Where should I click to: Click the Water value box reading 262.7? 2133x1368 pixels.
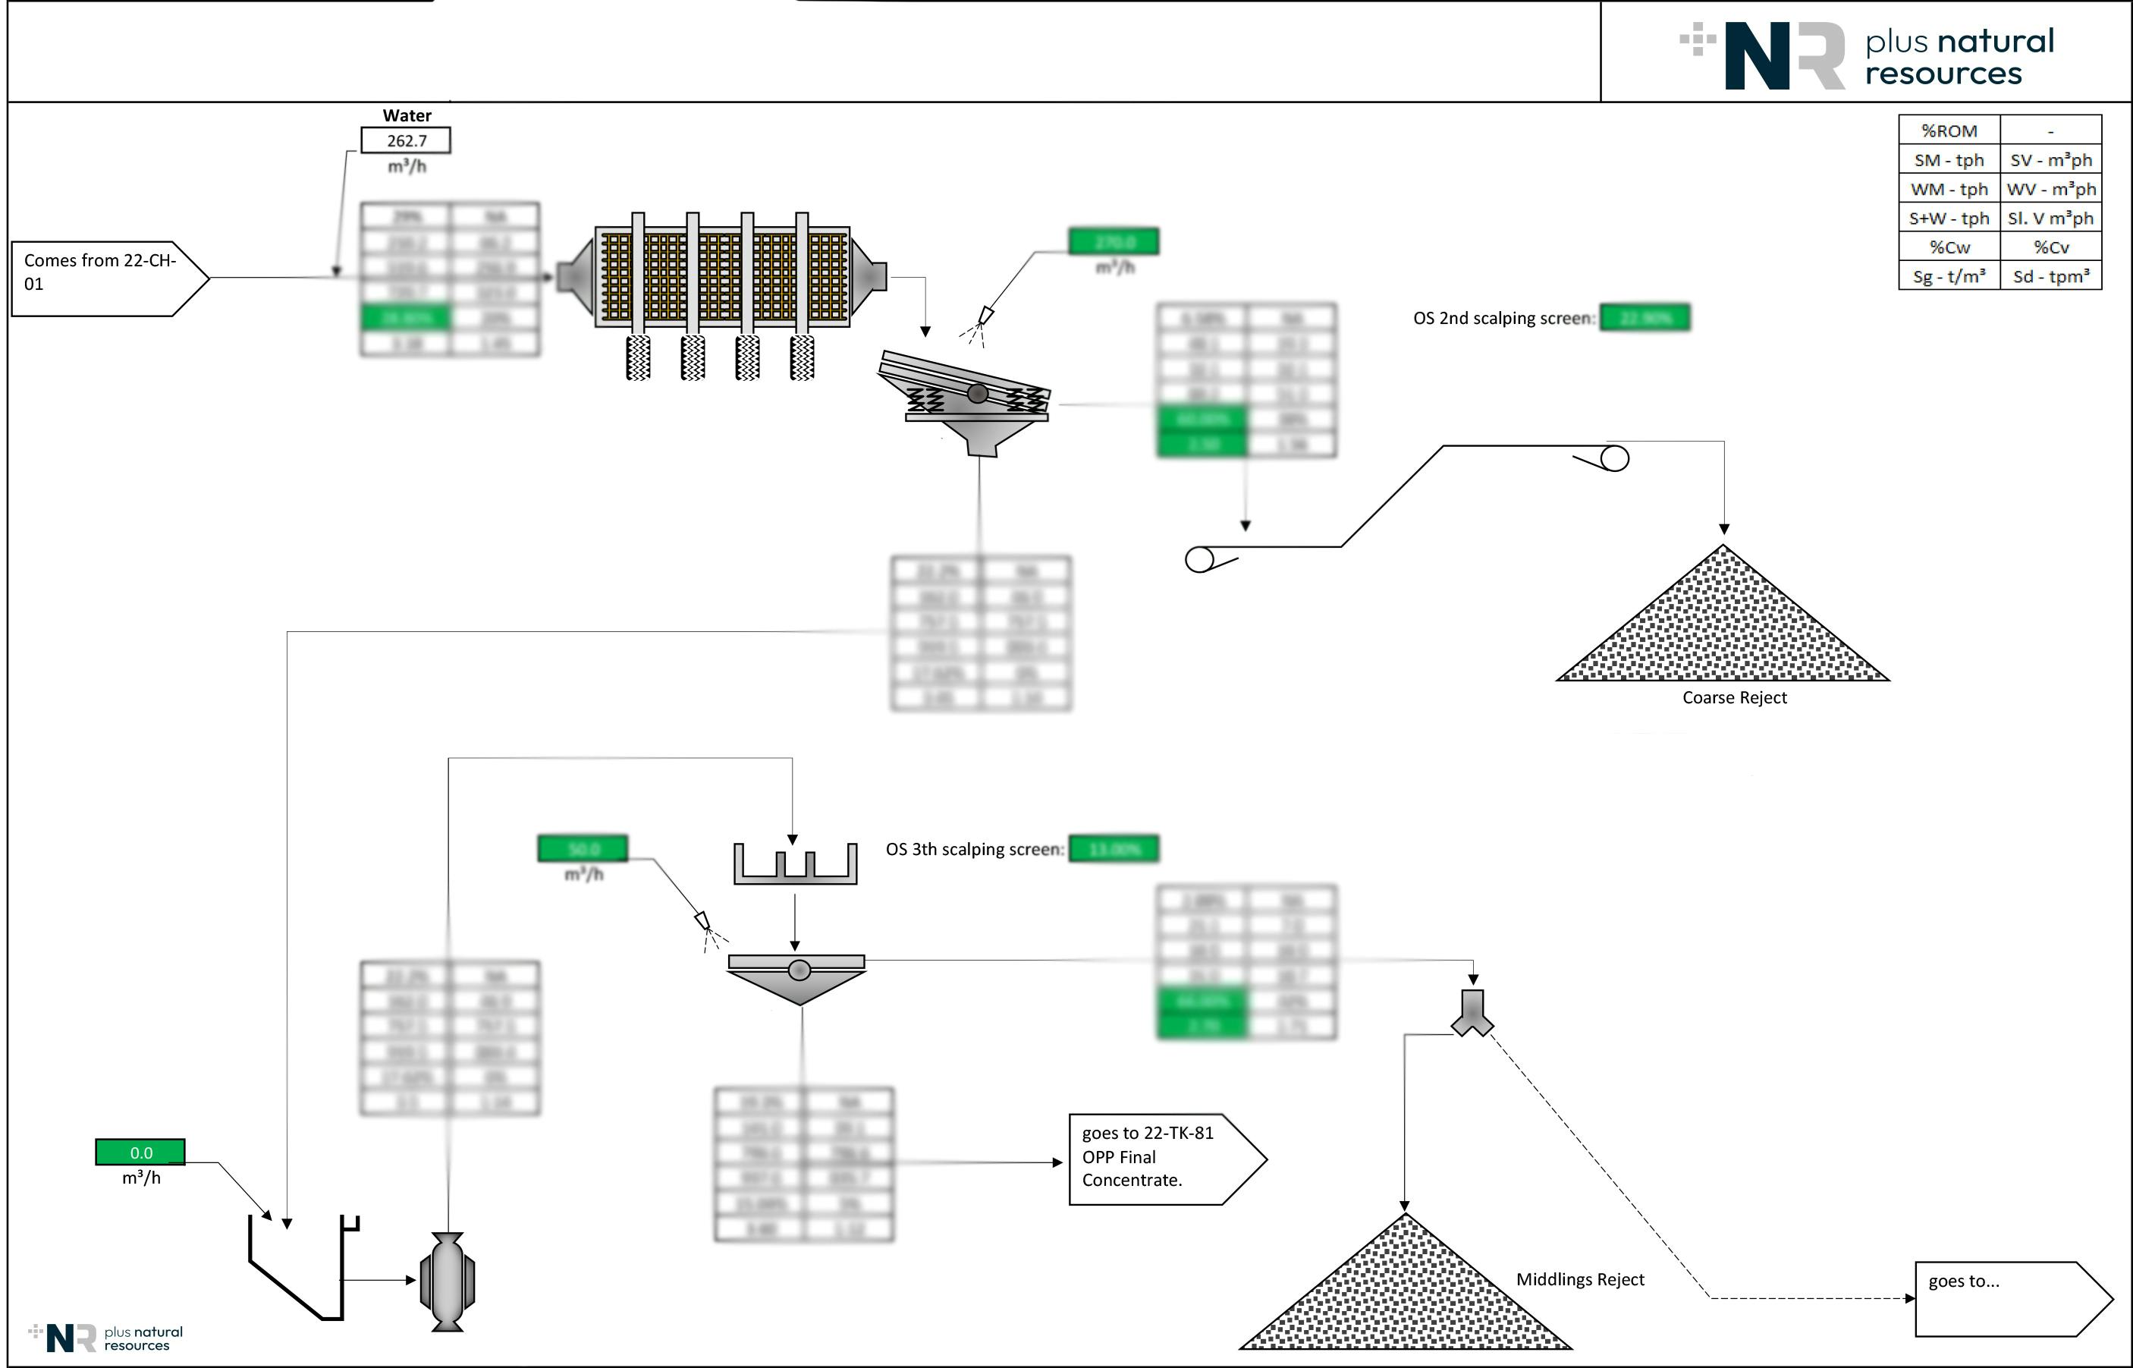click(x=406, y=140)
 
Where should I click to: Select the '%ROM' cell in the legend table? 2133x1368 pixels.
click(x=1949, y=131)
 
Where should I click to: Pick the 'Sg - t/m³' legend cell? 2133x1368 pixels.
click(x=1949, y=276)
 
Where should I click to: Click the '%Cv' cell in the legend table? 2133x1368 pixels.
click(x=2050, y=247)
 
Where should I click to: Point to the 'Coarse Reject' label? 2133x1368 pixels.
click(x=1733, y=697)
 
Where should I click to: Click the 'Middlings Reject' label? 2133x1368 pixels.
click(x=1580, y=1279)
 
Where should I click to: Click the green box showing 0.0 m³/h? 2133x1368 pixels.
click(x=140, y=1153)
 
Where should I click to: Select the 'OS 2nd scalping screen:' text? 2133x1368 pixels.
click(x=1503, y=318)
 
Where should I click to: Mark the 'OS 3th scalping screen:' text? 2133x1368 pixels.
click(x=974, y=849)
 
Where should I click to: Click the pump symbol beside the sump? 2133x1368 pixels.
click(x=447, y=1281)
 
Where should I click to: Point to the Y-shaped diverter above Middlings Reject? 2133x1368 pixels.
click(x=1472, y=1014)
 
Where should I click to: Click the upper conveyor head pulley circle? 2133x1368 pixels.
click(x=1614, y=458)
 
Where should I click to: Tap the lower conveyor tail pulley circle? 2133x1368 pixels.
click(x=1200, y=560)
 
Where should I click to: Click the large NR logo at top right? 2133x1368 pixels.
click(x=1785, y=55)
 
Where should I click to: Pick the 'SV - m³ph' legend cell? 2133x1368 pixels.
click(x=2050, y=160)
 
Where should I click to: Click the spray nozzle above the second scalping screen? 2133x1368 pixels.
click(x=985, y=316)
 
